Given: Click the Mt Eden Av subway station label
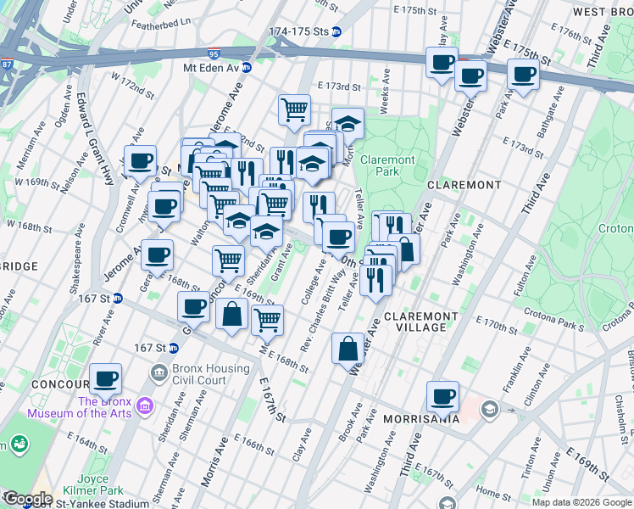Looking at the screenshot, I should (211, 67).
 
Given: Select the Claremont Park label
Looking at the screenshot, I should (387, 165).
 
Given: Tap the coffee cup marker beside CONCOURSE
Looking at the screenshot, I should (105, 378).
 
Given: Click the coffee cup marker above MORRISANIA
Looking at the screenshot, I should (442, 395).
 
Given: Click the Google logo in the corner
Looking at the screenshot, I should (27, 499).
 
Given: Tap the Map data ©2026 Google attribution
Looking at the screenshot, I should (581, 502).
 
